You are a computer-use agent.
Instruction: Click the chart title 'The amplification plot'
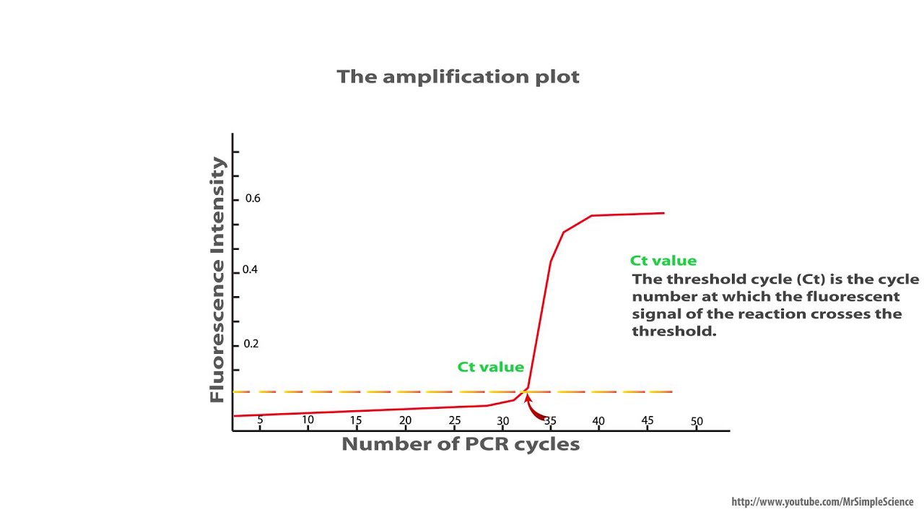point(458,77)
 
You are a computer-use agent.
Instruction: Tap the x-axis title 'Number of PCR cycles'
point(461,444)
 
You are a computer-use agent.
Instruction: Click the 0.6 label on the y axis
point(253,199)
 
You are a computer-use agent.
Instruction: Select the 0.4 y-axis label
point(250,269)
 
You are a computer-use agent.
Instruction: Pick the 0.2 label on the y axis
point(251,344)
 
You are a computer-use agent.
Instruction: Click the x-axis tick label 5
point(260,419)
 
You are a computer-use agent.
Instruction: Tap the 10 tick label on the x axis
point(308,420)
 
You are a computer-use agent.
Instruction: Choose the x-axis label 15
point(356,420)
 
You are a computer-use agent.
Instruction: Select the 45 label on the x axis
point(648,420)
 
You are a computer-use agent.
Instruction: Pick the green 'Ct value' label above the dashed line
point(491,367)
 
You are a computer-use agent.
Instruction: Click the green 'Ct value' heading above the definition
point(663,261)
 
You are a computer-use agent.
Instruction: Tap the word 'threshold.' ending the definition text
point(674,331)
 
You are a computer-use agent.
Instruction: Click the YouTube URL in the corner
point(822,501)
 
